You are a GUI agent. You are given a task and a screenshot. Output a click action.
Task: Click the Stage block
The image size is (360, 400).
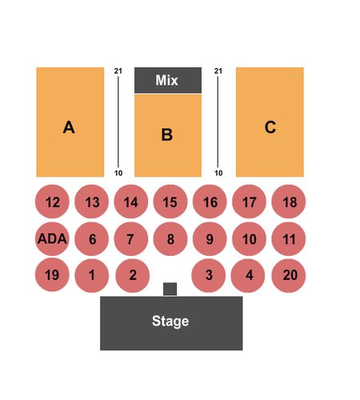pos(171,323)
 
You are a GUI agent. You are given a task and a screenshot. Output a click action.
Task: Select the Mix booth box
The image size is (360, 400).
pos(168,80)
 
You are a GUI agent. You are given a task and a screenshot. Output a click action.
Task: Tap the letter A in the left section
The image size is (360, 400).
pos(69,127)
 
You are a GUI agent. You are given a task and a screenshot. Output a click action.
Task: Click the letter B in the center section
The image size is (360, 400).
pos(167,134)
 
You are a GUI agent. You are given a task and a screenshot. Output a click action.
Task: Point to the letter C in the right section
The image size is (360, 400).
pos(270,127)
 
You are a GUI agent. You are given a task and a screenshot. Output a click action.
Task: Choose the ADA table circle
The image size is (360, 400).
pos(52,238)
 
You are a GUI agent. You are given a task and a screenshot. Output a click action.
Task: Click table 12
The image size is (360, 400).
pos(52,202)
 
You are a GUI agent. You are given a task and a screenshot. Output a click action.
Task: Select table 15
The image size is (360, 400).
pos(170,202)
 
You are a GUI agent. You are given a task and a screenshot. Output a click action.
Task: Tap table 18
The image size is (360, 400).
pos(289,202)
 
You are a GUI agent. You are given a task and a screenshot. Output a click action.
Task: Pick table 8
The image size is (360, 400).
pos(170,238)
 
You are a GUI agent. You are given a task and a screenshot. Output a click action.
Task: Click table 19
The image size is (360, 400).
pos(52,274)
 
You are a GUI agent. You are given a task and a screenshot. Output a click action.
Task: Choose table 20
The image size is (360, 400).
pos(289,275)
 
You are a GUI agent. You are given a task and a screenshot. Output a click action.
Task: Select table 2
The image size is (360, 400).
pos(133,275)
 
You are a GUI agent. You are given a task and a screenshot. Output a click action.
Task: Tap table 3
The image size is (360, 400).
pos(209,275)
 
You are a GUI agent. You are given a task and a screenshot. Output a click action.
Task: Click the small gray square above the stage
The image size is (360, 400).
pos(170,289)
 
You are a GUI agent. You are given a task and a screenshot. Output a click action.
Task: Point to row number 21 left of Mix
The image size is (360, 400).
pos(118,71)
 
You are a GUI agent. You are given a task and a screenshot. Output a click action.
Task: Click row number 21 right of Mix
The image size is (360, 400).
pos(218,71)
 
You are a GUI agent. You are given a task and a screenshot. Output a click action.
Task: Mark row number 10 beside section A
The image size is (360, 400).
pos(118,173)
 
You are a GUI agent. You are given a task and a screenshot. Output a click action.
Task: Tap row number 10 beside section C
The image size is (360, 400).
pos(218,173)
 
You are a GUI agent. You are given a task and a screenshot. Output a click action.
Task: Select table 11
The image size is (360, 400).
pos(289,238)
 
